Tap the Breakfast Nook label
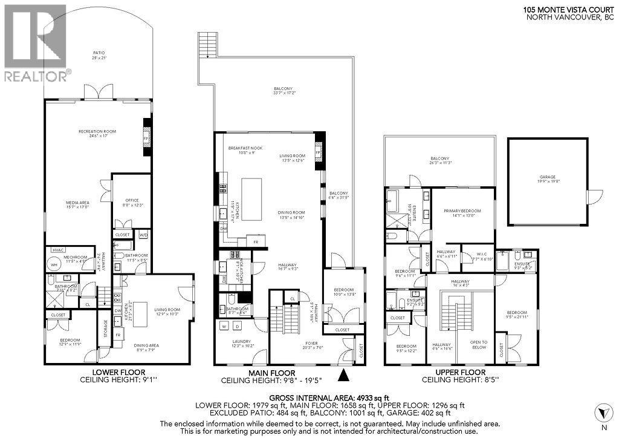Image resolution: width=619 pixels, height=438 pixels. pyautogui.click(x=244, y=149)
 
